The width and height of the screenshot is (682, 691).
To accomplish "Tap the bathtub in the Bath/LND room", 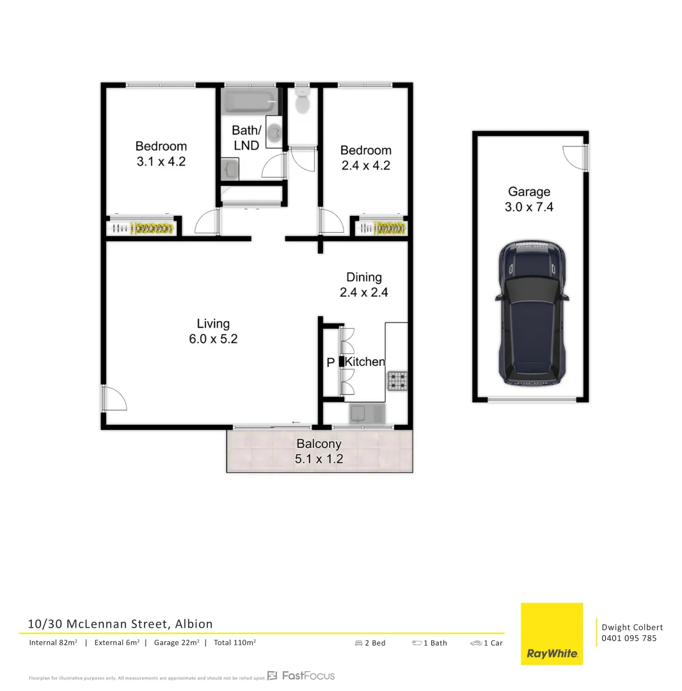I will tap(250, 102).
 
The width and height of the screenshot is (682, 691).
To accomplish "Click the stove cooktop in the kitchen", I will tap(397, 381).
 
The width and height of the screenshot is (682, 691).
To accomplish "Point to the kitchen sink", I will tap(367, 415).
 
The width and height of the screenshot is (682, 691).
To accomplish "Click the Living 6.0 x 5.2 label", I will tap(213, 331).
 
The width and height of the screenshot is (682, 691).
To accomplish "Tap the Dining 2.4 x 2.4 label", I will tap(364, 285).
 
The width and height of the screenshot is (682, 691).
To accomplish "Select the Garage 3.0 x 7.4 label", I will tap(529, 199).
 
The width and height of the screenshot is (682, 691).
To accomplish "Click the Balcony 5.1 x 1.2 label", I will tap(319, 451).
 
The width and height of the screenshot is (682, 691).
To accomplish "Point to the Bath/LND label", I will tap(246, 138).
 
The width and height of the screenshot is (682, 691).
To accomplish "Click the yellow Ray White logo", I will tap(551, 633).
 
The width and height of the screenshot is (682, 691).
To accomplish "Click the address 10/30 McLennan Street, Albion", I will tap(120, 624).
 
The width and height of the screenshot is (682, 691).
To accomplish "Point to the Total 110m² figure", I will tap(235, 642).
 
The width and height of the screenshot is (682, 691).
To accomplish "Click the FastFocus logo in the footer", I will tap(301, 676).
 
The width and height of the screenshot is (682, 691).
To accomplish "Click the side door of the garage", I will tap(575, 157).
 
